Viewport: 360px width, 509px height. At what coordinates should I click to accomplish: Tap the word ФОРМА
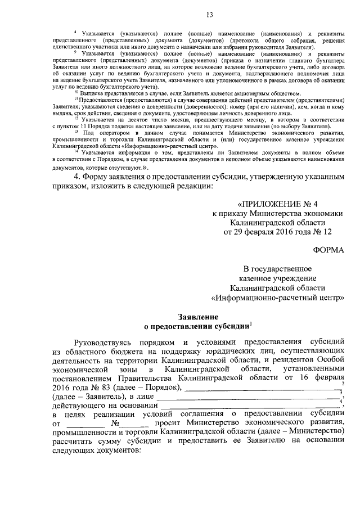tap(326, 249)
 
